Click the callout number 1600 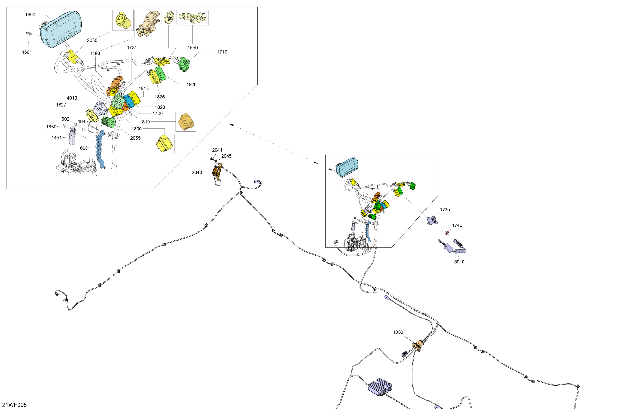(x=30, y=15)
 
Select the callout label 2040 (x=197, y=173)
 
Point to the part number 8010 (x=459, y=262)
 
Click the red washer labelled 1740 (x=447, y=233)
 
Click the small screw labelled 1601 (x=28, y=33)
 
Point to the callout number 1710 (x=222, y=52)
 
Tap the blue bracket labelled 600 (x=100, y=148)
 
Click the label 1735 (x=445, y=210)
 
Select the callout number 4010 (x=72, y=98)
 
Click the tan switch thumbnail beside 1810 (x=186, y=122)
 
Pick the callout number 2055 (x=135, y=138)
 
